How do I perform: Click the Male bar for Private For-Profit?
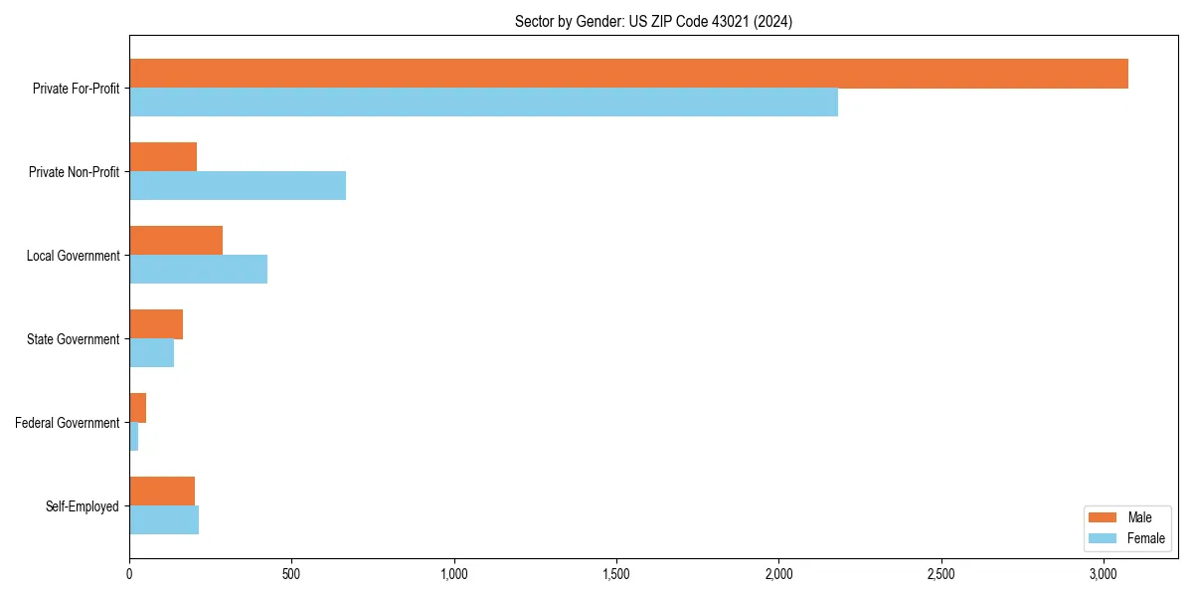(628, 74)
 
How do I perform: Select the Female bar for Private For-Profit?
(483, 102)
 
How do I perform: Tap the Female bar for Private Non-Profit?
(238, 186)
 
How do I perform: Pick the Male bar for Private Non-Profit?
(163, 157)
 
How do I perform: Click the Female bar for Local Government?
(198, 270)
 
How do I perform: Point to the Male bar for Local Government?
(176, 241)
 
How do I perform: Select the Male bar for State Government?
(156, 324)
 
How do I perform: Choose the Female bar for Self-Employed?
(164, 520)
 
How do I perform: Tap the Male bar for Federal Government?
(138, 408)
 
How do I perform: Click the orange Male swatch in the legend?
(1103, 517)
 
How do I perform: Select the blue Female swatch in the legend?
(1103, 538)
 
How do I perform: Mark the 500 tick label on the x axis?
(291, 574)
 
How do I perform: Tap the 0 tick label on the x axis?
(129, 574)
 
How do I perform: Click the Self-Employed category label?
(82, 506)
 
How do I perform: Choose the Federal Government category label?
(67, 423)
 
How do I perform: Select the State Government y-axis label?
(73, 339)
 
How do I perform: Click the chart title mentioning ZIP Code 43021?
(653, 21)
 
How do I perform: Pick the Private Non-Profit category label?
(74, 172)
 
